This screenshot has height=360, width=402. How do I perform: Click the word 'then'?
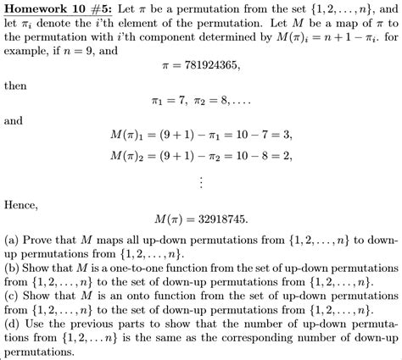coord(16,86)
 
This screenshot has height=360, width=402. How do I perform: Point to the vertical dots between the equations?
coord(200,182)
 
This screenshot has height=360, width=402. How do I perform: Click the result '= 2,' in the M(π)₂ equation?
coord(282,156)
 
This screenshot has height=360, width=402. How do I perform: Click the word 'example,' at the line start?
coord(28,52)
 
